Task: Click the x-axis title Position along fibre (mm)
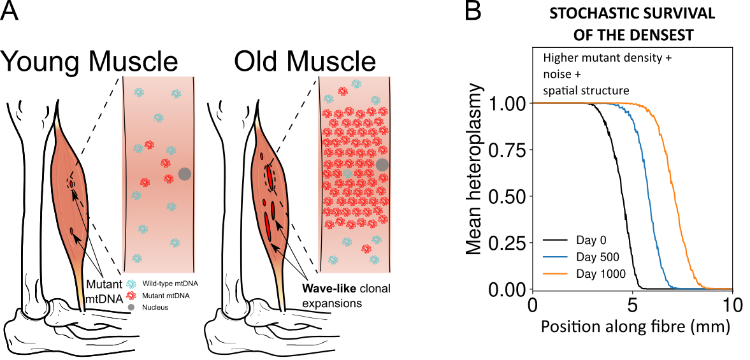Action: (x=634, y=328)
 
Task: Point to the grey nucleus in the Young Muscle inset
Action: (x=185, y=174)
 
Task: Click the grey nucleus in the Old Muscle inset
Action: (x=382, y=164)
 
